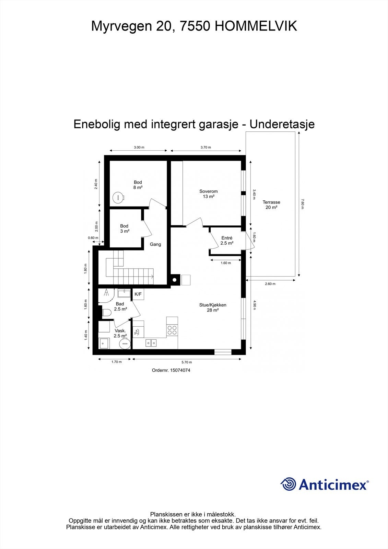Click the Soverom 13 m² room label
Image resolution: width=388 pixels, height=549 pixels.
pyautogui.click(x=208, y=194)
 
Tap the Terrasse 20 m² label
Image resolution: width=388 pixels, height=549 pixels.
pyautogui.click(x=271, y=205)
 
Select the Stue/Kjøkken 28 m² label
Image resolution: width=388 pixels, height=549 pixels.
pyautogui.click(x=213, y=307)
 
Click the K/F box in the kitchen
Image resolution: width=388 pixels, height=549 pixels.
pyautogui.click(x=138, y=294)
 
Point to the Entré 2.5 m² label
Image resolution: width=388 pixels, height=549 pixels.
pyautogui.click(x=227, y=240)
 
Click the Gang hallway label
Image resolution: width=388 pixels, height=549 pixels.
pyautogui.click(x=155, y=244)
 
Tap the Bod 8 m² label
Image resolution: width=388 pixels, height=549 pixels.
pyautogui.click(x=138, y=185)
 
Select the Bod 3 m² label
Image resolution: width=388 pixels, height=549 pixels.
pyautogui.click(x=124, y=229)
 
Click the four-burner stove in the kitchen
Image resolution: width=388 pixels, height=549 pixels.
pyautogui.click(x=172, y=330)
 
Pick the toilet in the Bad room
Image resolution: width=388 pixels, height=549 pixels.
pyautogui.click(x=106, y=313)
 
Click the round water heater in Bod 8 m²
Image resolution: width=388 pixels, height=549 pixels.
pyautogui.click(x=119, y=198)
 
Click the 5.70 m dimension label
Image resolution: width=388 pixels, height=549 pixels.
pyautogui.click(x=186, y=362)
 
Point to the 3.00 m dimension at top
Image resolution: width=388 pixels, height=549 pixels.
pyautogui.click(x=139, y=147)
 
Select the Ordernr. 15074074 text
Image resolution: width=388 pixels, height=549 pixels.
pyautogui.click(x=171, y=370)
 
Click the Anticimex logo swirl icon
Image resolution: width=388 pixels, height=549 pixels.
pyautogui.click(x=289, y=484)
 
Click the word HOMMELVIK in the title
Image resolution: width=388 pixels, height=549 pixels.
pyautogui.click(x=256, y=26)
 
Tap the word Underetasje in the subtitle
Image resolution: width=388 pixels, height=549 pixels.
pyautogui.click(x=282, y=124)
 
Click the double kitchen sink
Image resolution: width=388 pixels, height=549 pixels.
pyautogui.click(x=151, y=342)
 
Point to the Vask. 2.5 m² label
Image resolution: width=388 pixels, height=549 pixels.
pyautogui.click(x=120, y=333)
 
